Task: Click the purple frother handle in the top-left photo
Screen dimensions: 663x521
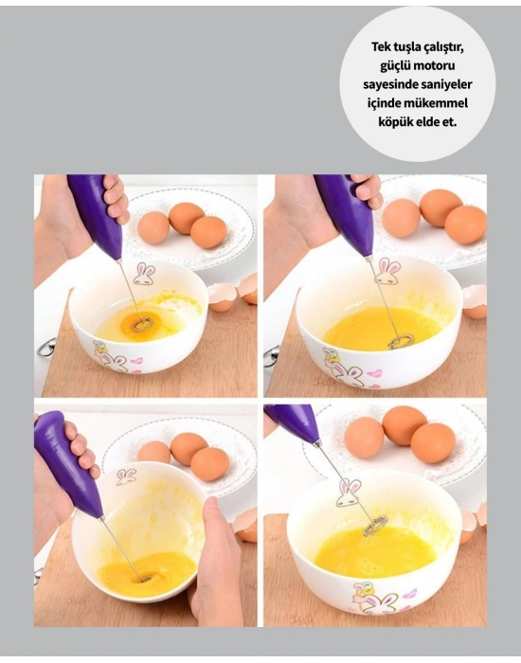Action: coord(96,213)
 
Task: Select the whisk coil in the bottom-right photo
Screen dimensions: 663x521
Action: coord(376,524)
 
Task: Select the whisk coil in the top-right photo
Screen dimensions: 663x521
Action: coord(401,339)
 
